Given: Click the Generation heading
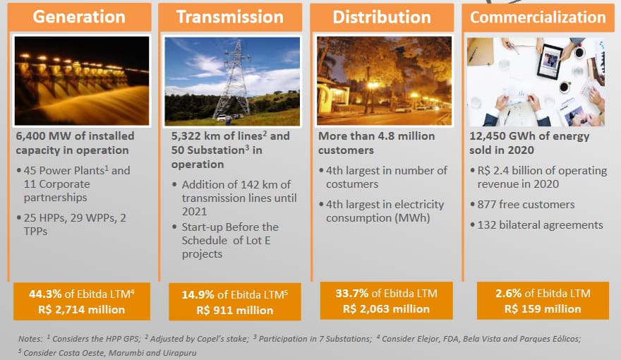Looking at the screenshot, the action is (79, 17).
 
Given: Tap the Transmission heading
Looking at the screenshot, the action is (230, 17).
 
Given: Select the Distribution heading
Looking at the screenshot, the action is (382, 17).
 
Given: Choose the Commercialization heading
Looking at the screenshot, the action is (538, 17).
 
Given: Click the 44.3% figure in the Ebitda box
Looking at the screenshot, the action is (45, 294).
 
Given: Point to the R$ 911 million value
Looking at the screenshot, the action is (235, 310).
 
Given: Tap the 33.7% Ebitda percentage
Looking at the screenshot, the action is (352, 294).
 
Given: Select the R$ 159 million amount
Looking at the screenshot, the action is (543, 309).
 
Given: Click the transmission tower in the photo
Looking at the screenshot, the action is (236, 78).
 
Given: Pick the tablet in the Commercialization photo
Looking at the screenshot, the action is (549, 61).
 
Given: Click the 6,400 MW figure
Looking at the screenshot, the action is (44, 136).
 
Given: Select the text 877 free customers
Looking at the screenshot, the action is (526, 205).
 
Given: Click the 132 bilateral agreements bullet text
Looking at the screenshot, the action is (541, 225).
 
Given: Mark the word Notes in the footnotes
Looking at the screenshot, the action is (30, 339).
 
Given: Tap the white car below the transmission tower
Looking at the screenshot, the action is (222, 118).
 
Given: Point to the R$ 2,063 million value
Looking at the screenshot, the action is (386, 309).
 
